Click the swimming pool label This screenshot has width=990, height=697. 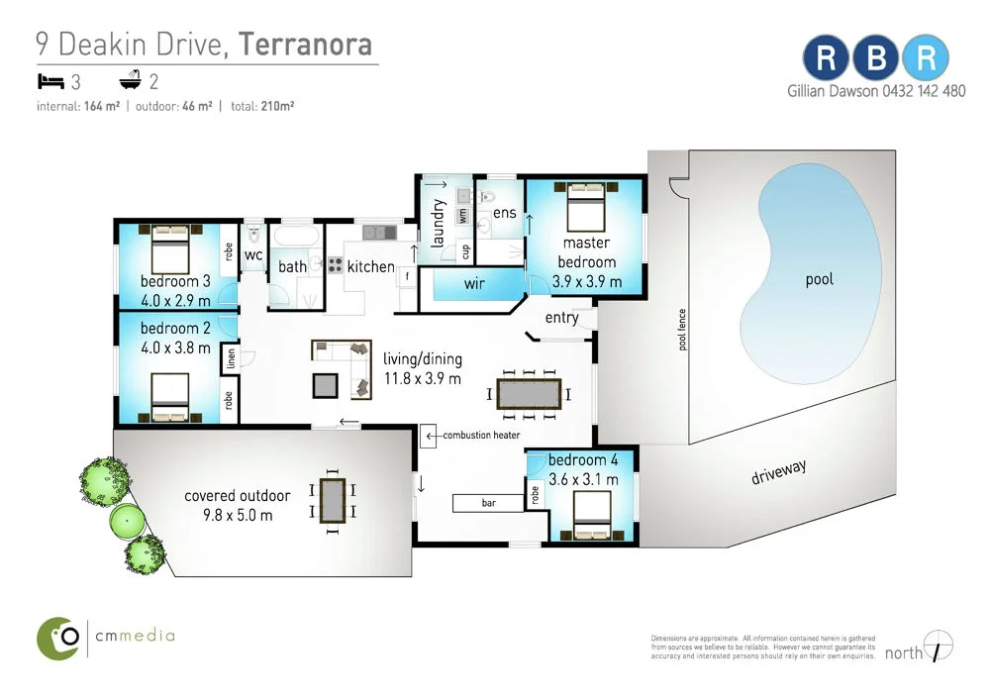point(819,279)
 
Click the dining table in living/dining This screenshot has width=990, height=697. point(529,394)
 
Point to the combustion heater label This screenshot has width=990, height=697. point(481,435)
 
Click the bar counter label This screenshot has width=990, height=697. point(488,503)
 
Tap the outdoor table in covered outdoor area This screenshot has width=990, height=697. point(333,500)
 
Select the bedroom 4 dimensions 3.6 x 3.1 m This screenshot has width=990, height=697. point(583,479)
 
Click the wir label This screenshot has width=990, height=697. point(474,284)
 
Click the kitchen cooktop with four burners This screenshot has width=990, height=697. point(334,265)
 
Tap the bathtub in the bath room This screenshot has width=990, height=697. point(295,238)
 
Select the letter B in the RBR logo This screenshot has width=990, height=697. point(875,58)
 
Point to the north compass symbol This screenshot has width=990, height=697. point(939,645)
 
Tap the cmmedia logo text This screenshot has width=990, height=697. point(135,635)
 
